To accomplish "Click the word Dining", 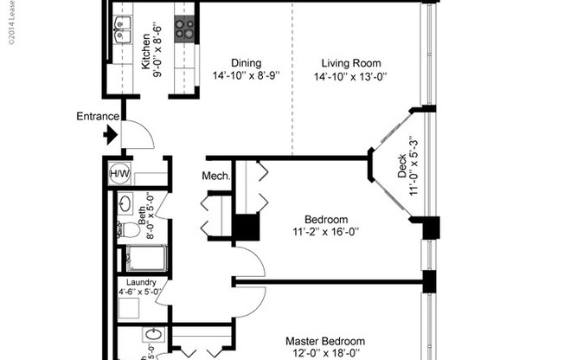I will (247, 62).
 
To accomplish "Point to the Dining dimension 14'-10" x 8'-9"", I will (247, 76).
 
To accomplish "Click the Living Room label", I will (350, 62).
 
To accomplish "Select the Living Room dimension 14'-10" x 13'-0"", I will (350, 76).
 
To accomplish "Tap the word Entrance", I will (98, 117).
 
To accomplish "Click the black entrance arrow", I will (110, 135).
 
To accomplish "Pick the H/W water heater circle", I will (119, 174).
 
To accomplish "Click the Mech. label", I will (216, 177).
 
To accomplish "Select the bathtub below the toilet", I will (144, 258).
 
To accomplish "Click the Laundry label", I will (140, 282).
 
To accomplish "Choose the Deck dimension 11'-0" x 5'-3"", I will (414, 165).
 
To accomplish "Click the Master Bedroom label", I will (325, 341).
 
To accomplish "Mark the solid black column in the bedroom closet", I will (247, 228).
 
